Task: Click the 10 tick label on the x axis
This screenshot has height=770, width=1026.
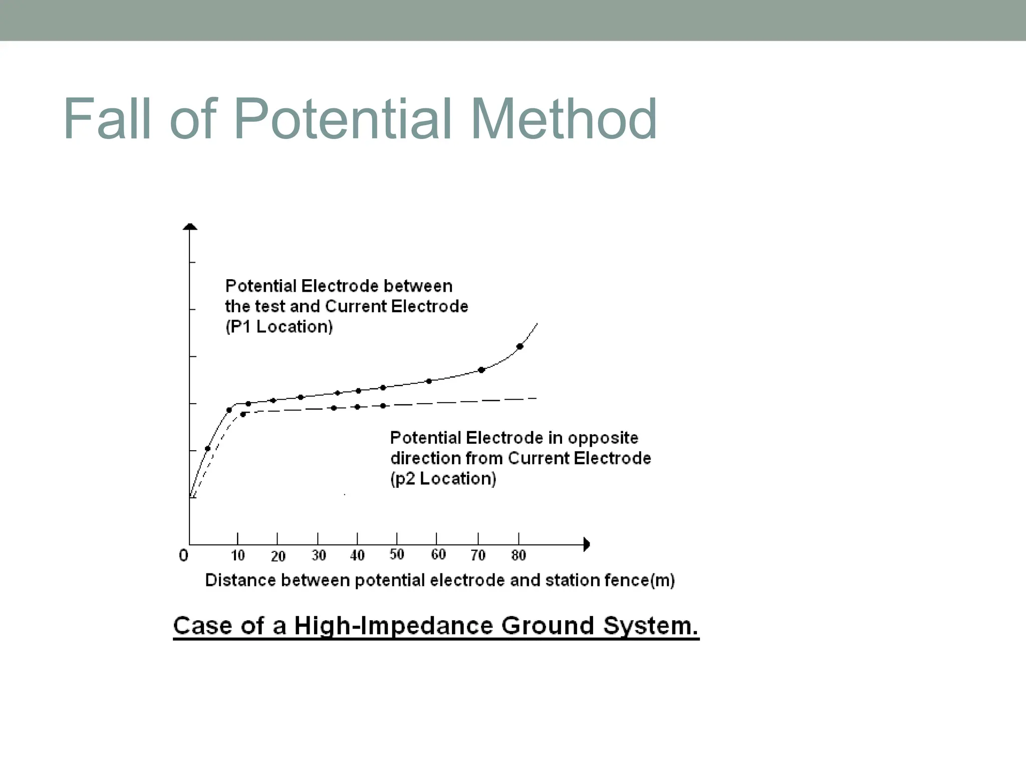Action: pos(238,555)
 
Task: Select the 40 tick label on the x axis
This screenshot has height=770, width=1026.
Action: pos(357,555)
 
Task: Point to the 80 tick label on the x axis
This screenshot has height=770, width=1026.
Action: pos(519,555)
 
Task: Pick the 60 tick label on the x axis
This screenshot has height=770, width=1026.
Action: pos(438,554)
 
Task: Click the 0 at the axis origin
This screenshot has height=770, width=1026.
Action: pos(183,555)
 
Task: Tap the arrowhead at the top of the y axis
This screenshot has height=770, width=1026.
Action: pos(190,227)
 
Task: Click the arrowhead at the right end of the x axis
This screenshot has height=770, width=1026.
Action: pos(587,544)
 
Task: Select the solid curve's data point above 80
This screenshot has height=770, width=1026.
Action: pos(520,346)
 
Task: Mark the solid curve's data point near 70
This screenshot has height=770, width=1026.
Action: pos(481,370)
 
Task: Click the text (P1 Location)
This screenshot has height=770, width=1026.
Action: pos(279,327)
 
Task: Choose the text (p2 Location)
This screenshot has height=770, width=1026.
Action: pos(443,479)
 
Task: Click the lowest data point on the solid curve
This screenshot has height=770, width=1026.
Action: pos(208,448)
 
